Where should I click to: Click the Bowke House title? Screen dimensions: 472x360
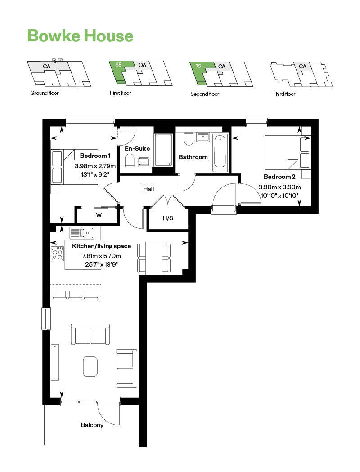click(x=80, y=36)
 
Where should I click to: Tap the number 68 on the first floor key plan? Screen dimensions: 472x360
click(x=118, y=65)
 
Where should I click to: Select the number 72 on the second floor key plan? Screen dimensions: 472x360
click(x=198, y=66)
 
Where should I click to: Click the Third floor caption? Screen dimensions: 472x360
click(x=284, y=94)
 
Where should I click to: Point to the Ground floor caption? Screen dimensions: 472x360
click(x=45, y=93)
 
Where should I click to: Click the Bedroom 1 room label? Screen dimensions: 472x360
click(x=95, y=156)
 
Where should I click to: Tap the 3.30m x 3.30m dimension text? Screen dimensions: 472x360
click(x=279, y=187)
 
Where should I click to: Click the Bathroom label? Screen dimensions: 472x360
click(x=193, y=157)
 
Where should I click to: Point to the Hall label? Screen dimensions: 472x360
click(x=148, y=189)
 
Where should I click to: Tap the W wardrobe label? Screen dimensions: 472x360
click(x=99, y=215)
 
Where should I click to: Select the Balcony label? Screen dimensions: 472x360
click(x=92, y=425)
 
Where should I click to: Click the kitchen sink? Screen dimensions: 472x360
click(x=82, y=233)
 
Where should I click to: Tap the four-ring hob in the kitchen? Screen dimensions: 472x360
click(x=57, y=254)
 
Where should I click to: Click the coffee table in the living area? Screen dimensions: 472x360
click(x=90, y=366)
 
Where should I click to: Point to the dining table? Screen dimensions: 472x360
click(x=154, y=258)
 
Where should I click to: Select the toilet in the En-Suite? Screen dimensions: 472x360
click(x=129, y=160)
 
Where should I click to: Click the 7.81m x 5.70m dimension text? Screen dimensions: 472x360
click(x=101, y=256)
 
